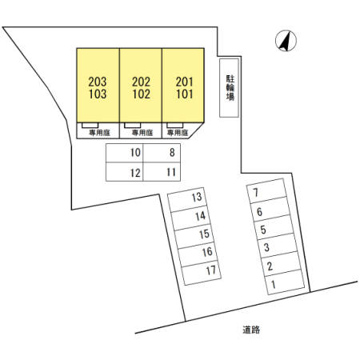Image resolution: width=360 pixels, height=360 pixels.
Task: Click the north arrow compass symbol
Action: [286, 41]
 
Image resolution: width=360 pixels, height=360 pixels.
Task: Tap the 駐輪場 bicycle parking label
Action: [230, 88]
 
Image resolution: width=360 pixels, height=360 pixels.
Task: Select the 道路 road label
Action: [251, 330]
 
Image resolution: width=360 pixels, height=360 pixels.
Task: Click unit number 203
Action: [98, 82]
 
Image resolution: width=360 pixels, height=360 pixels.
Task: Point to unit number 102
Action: [142, 94]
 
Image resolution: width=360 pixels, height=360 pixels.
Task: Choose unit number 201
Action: [184, 82]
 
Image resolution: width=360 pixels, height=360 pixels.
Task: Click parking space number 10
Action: [135, 153]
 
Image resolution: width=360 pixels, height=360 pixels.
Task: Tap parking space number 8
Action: [172, 153]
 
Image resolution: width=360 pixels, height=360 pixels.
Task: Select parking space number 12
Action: [135, 173]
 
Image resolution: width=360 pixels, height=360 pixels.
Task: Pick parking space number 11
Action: [171, 172]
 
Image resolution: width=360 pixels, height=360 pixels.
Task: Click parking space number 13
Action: [197, 197]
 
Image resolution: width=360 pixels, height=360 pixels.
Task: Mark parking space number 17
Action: [211, 270]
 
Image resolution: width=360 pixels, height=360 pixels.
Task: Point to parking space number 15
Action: [204, 234]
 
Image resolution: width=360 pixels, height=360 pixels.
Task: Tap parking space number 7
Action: [256, 192]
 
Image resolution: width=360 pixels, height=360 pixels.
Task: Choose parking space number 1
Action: [274, 285]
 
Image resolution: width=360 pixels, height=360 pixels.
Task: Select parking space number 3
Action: [266, 247]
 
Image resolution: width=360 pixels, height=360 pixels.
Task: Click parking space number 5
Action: [263, 230]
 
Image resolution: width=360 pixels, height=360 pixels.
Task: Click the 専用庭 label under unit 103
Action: [99, 133]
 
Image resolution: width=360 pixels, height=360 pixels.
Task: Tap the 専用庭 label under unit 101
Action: [178, 133]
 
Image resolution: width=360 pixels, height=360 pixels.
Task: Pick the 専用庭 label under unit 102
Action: [142, 133]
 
